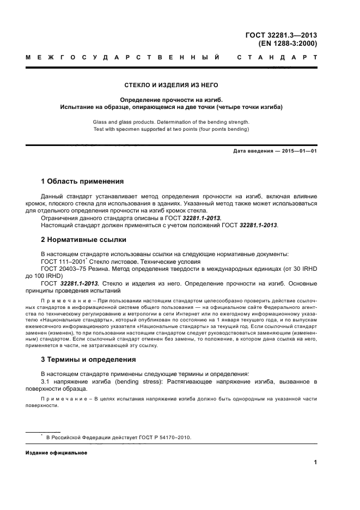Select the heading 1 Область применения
82,181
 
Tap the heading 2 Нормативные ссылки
84,239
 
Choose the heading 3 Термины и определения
88,360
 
